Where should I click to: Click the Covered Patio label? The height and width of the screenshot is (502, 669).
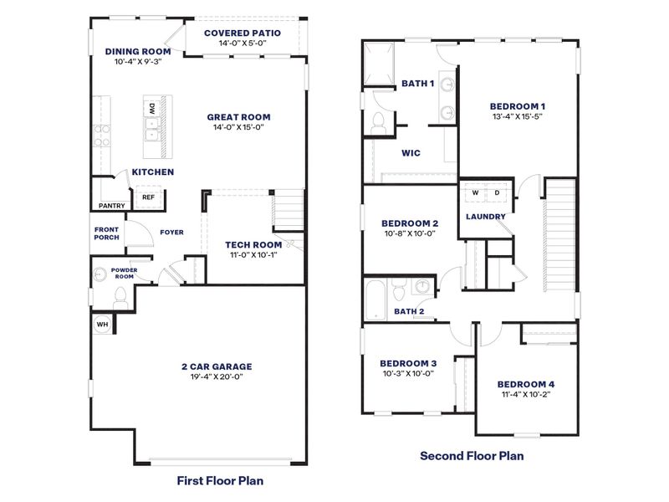coord(243,33)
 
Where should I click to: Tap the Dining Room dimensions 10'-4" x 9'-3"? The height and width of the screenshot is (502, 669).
coord(138,62)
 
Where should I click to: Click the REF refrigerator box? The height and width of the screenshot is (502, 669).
coord(148,197)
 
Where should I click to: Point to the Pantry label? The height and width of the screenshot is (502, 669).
coord(111,205)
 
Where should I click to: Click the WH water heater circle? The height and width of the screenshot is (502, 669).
coord(102,325)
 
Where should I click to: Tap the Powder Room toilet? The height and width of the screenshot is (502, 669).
coord(120,295)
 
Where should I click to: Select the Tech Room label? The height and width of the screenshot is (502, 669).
coord(253,244)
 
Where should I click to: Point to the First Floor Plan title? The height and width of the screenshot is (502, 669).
coord(221,481)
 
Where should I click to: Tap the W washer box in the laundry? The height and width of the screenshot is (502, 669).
coord(475,193)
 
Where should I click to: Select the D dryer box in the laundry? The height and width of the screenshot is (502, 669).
coord(497,193)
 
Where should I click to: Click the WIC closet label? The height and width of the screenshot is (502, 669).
coord(411,153)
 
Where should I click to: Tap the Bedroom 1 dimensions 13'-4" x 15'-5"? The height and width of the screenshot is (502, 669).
coord(518,118)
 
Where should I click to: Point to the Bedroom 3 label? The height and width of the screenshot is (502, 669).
coord(408,363)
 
